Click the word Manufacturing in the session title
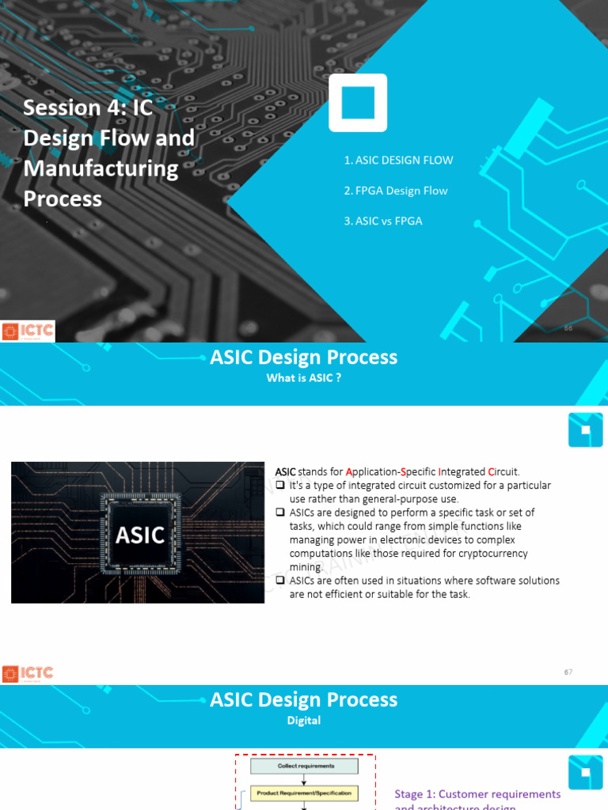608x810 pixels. [x=101, y=168]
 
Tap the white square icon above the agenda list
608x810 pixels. [x=358, y=103]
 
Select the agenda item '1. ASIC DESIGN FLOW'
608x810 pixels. [x=398, y=161]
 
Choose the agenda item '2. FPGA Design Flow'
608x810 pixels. [x=396, y=191]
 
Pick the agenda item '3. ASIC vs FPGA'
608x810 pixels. [x=383, y=221]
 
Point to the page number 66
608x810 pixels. [x=568, y=328]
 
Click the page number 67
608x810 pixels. [x=568, y=672]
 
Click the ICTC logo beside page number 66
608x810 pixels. [x=28, y=331]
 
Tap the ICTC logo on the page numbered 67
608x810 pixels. [x=28, y=673]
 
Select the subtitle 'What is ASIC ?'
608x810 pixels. [x=304, y=378]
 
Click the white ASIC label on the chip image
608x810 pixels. [x=140, y=536]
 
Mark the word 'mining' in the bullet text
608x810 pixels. [x=306, y=567]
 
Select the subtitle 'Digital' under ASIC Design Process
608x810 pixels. [x=304, y=721]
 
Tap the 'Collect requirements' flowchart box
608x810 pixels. [x=306, y=766]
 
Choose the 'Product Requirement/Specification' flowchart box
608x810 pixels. [x=306, y=793]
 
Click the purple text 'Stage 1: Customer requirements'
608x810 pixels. [x=477, y=794]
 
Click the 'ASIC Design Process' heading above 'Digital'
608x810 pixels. [x=304, y=700]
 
